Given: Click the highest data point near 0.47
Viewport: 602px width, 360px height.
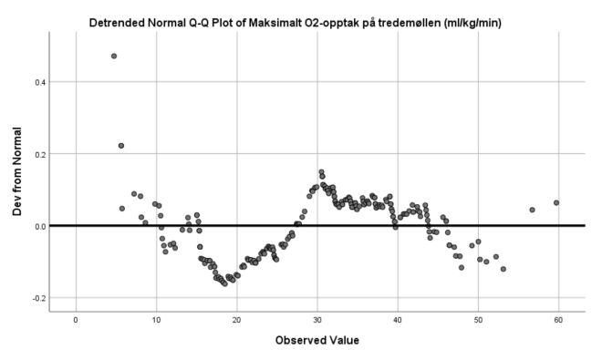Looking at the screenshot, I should coord(114,56).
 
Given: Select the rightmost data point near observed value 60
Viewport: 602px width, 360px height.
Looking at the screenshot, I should coord(556,202).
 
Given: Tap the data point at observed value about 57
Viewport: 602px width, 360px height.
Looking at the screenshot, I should coord(532,210).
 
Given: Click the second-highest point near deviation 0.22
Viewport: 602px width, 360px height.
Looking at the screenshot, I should coord(121,146).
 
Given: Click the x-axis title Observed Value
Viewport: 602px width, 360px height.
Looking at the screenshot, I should coord(317,341).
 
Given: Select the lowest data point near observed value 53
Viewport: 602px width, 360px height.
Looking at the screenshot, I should coord(503,269).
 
